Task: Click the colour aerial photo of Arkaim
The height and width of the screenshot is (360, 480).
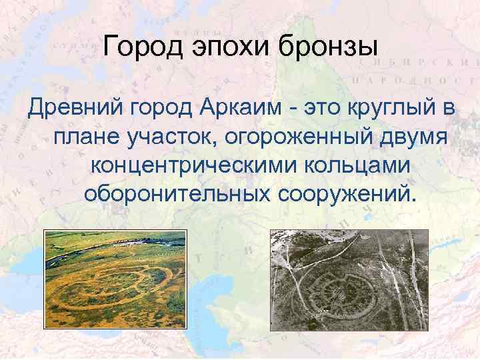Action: (115, 279)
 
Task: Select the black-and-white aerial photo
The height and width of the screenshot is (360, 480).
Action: (349, 279)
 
